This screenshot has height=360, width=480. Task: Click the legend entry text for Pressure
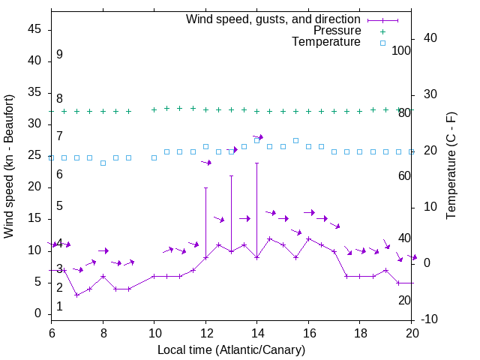coord(337,31)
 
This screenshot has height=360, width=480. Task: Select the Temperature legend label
coord(326,43)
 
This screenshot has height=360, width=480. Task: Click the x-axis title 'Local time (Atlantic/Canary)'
coord(231,349)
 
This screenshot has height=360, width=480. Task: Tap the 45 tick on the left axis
coord(35,30)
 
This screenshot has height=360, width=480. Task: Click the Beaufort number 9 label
coord(59,55)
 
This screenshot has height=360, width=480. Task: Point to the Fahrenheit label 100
coord(401,50)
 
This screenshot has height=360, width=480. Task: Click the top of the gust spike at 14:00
coord(257,163)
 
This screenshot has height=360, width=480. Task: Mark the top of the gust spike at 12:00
coord(205,187)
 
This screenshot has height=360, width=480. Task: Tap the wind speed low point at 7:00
coord(77,295)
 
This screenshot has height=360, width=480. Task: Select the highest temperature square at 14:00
coord(257,140)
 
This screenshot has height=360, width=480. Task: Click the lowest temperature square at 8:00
coord(103,163)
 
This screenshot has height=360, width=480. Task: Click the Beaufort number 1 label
coord(59,306)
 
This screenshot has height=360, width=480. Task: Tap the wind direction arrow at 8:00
coord(103,250)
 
